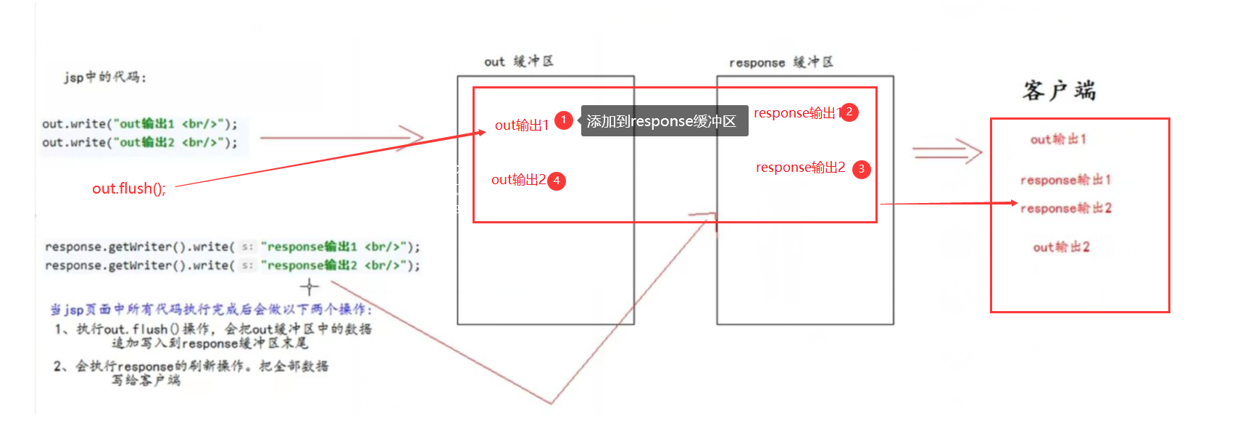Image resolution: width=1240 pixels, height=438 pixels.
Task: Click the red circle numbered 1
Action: (x=564, y=120)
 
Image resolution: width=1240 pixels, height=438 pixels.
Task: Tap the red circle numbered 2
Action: (x=849, y=112)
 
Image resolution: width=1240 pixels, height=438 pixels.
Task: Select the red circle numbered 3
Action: (x=861, y=169)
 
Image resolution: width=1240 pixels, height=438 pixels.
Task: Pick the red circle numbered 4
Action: (x=557, y=181)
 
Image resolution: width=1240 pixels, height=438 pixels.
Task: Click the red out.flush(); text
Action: (x=129, y=189)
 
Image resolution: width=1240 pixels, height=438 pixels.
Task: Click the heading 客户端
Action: (x=1059, y=91)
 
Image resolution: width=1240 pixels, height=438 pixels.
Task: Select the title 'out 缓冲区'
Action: (x=519, y=62)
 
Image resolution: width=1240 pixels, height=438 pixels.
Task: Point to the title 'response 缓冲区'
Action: (x=781, y=62)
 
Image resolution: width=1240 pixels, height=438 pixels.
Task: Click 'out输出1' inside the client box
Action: (x=1058, y=139)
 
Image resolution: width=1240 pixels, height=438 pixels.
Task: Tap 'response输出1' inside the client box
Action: (x=1065, y=180)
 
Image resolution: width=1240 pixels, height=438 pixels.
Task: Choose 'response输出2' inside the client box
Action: (x=1065, y=209)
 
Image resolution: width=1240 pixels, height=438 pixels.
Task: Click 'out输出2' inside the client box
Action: (x=1061, y=247)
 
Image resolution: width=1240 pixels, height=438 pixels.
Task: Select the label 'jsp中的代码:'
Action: (x=104, y=77)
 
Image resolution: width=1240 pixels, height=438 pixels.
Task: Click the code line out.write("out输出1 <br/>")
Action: (x=140, y=124)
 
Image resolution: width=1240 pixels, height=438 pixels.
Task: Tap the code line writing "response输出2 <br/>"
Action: (x=232, y=265)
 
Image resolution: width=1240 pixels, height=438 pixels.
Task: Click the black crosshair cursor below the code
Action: (x=309, y=287)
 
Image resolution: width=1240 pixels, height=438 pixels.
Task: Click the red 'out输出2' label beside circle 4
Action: (x=518, y=180)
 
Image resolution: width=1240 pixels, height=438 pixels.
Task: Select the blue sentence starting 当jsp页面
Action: (x=211, y=310)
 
